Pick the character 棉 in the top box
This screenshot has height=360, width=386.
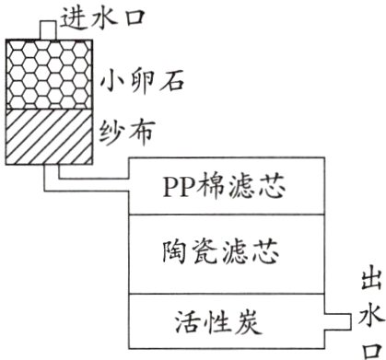[x=211, y=192]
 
